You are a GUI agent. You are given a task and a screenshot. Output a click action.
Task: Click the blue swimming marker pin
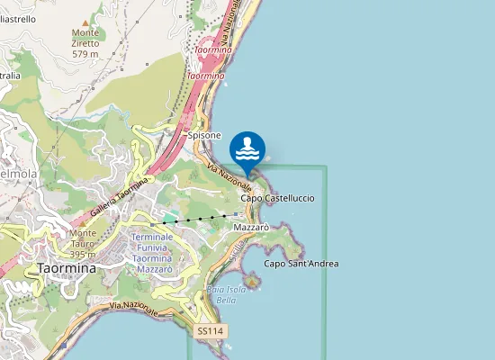[x=247, y=150]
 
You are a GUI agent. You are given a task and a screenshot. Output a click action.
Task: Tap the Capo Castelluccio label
[x=277, y=197]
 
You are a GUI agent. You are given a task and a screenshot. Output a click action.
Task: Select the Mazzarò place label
[x=251, y=229]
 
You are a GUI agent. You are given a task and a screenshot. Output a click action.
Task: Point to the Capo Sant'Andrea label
[x=301, y=264]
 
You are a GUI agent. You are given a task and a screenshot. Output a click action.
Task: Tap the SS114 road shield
[x=209, y=331]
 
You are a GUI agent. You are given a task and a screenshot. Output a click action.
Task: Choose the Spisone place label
[x=204, y=135]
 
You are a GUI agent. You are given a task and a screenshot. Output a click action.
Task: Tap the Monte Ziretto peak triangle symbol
[x=85, y=22]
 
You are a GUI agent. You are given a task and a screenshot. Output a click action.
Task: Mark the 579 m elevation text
[x=85, y=54]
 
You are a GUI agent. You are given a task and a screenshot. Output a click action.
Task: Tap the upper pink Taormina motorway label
[x=213, y=50]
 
